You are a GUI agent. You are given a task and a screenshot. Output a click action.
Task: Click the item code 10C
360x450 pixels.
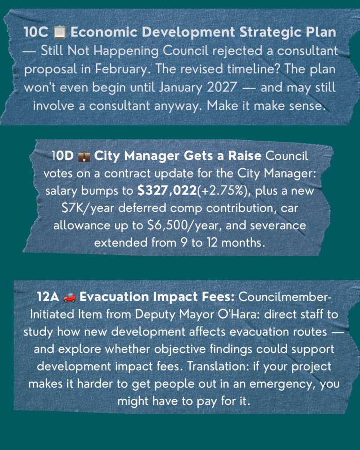coord(36,32)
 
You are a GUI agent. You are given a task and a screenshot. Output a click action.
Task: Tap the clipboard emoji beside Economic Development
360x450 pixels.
coord(59,32)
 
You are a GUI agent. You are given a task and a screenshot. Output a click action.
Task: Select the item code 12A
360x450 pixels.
coord(48,297)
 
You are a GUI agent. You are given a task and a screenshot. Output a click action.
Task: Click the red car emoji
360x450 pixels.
coord(69,297)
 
